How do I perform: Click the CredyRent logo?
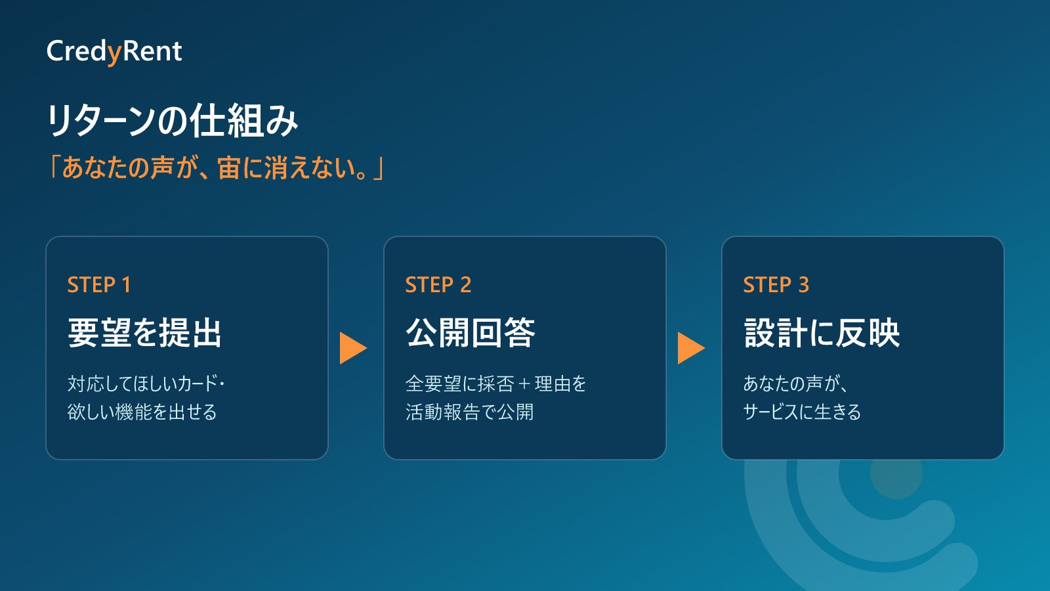coord(114,52)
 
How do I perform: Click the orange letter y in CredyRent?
coord(114,55)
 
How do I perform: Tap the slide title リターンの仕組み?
coord(172,121)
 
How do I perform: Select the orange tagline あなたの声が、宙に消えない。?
coord(217,168)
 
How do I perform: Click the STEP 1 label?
coord(99,285)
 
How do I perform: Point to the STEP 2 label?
coord(438,285)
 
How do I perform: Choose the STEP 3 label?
coord(776,285)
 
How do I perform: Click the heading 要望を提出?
coord(144,332)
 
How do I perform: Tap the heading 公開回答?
coord(470,332)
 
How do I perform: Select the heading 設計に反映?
coord(822,332)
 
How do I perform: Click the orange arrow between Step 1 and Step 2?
coord(353,348)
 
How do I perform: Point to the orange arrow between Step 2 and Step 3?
coord(691,348)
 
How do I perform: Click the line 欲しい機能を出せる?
coord(142,412)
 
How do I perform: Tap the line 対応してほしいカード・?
coord(146,383)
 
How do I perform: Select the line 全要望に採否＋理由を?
coord(496,383)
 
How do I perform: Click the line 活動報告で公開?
coord(470,412)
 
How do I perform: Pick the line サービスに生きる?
coord(802,412)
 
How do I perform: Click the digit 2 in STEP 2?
coord(465,285)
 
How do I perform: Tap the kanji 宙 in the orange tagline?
coord(228,168)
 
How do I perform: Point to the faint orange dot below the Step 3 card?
coord(896,473)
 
